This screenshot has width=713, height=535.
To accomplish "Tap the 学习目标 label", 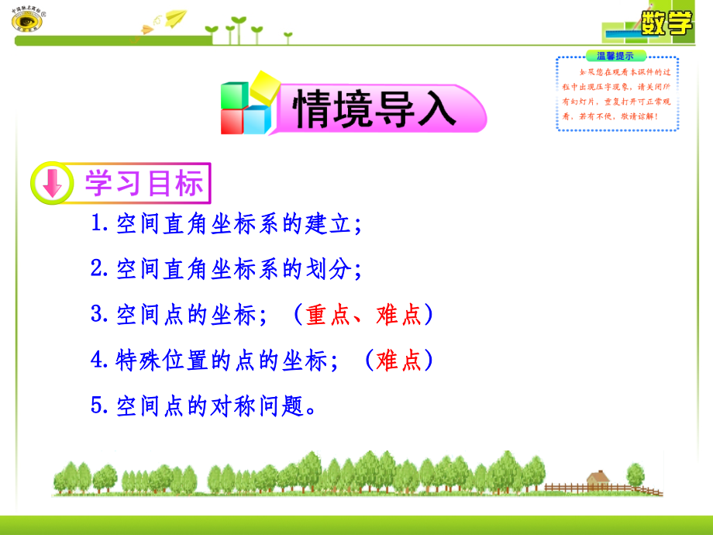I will (x=143, y=184).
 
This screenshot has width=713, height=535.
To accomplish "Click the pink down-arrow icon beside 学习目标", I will (x=51, y=185).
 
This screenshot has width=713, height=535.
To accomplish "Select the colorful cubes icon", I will (x=247, y=104).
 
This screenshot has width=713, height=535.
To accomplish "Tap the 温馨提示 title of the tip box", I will (x=615, y=56).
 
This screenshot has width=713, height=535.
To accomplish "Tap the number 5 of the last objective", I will (x=97, y=406).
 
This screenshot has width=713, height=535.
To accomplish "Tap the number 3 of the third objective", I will (x=97, y=314).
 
